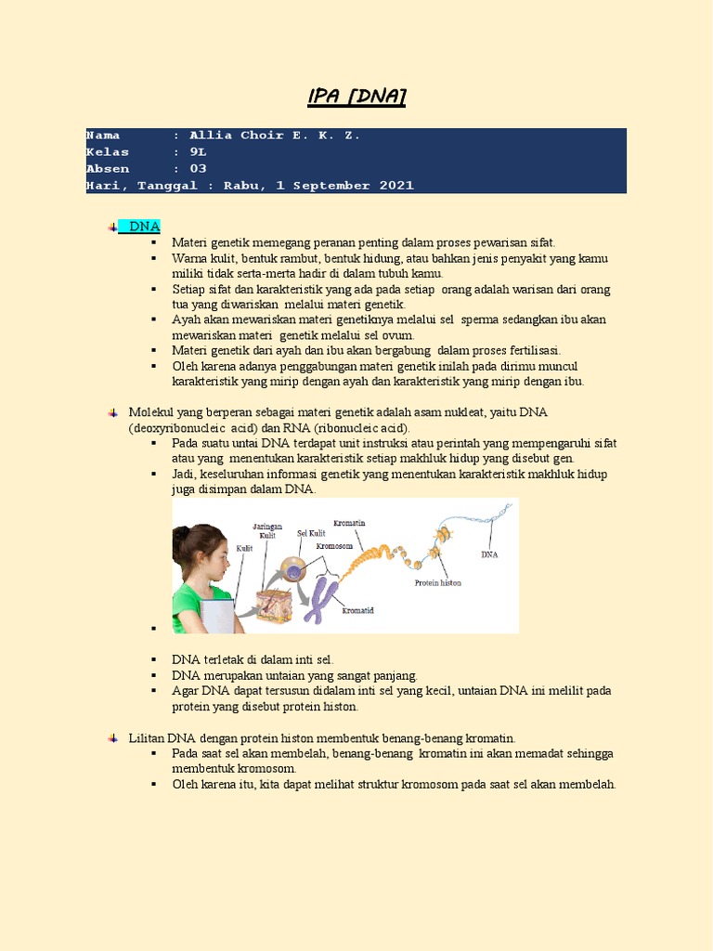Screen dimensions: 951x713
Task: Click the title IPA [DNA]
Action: (x=356, y=98)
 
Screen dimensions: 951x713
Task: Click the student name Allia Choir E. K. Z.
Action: (x=274, y=136)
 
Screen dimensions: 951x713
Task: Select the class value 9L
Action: (x=198, y=152)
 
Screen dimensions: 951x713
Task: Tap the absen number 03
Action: (x=198, y=169)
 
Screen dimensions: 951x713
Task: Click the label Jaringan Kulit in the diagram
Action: (x=268, y=530)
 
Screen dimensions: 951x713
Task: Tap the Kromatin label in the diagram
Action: (x=349, y=523)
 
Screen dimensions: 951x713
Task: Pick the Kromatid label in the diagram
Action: (x=358, y=610)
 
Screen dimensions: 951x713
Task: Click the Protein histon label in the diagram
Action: (x=438, y=583)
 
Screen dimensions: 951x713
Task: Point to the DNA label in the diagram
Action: (x=489, y=554)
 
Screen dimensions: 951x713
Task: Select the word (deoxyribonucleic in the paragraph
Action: (x=176, y=427)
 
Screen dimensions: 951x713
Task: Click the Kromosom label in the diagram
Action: (x=334, y=546)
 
